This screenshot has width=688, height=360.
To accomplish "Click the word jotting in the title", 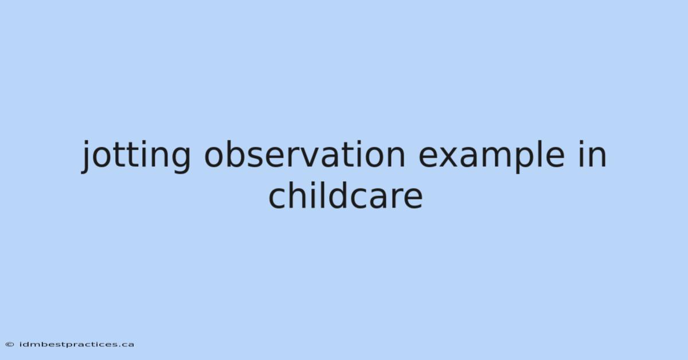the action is (136, 156).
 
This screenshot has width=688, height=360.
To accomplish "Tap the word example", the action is (491, 156).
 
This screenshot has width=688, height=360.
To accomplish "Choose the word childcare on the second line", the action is (346, 195).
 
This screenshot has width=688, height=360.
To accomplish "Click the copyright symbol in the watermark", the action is (10, 345).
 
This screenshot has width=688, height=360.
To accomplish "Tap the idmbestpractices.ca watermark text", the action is (77, 345).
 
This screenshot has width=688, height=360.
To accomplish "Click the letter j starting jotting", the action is (87, 157).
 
